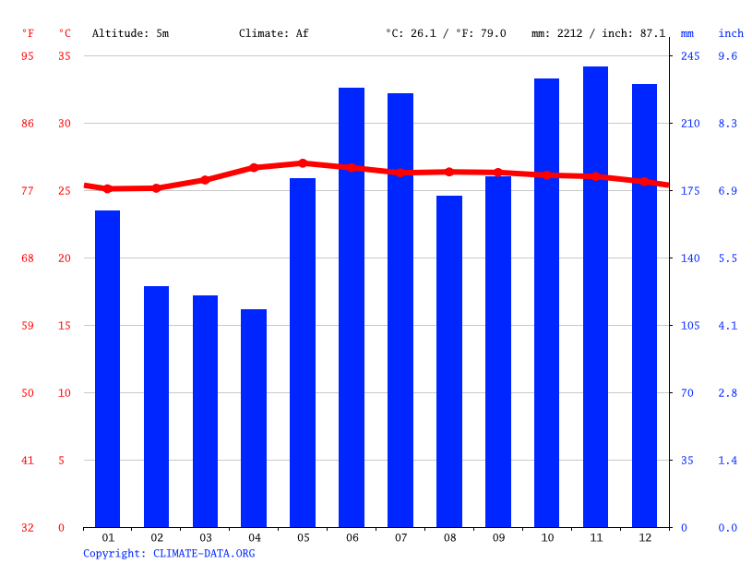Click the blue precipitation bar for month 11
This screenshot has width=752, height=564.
point(595,296)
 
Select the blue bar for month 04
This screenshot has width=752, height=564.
point(254,418)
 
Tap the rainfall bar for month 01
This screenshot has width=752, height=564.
point(107,368)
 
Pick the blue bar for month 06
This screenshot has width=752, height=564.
point(352,307)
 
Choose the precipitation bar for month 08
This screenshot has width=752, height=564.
point(449,361)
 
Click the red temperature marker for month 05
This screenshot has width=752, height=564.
point(303,163)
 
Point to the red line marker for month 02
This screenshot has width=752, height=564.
point(156,188)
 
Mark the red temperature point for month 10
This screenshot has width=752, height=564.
point(546,174)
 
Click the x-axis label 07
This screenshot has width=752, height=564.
point(400,538)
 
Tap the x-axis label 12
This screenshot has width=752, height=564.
point(644,538)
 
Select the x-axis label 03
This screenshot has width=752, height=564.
point(205,538)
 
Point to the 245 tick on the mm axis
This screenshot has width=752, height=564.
point(690,56)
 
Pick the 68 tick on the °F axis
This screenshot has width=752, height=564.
point(28,258)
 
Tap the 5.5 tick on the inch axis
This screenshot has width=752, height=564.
point(728,258)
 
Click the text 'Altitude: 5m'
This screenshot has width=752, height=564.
point(130,33)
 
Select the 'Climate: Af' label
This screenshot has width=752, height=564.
point(274,33)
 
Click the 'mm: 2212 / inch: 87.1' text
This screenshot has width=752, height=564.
point(598,33)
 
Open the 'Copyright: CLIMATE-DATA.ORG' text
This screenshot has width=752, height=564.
point(169,554)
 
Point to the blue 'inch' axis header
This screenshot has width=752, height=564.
point(731,33)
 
